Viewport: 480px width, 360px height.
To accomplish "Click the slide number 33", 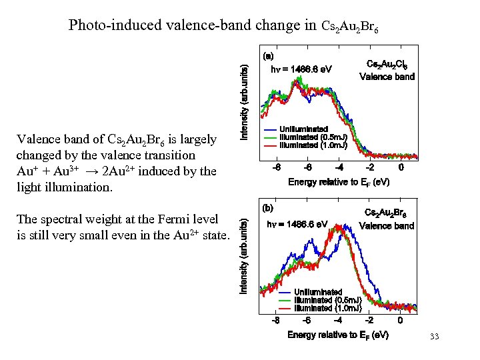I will [435, 336].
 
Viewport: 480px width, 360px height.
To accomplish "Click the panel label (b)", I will [268, 207].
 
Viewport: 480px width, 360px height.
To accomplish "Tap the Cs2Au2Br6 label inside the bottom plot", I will [387, 213].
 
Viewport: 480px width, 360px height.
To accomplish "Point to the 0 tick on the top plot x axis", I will [401, 167].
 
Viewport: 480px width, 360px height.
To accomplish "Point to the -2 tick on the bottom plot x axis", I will [369, 320].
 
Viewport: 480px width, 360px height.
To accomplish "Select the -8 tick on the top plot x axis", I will [276, 167].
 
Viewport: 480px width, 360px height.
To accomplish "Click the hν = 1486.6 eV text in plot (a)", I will [300, 69].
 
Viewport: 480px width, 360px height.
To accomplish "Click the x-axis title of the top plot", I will [339, 182].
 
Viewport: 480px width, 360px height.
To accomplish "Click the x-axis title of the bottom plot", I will [338, 335].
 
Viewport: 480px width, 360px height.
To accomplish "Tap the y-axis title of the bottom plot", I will [245, 256].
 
